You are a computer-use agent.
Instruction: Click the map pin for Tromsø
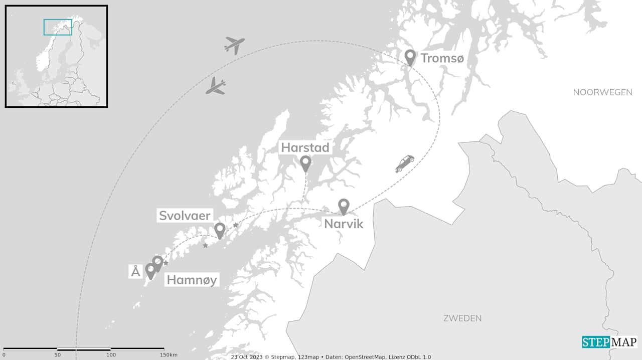click(410, 57)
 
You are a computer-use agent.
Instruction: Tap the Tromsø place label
click(442, 58)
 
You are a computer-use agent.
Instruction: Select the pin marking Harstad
click(305, 162)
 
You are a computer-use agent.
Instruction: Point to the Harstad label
click(305, 147)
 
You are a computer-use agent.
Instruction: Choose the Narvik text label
click(344, 223)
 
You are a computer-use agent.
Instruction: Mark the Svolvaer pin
click(220, 230)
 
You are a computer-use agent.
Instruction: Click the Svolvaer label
click(185, 216)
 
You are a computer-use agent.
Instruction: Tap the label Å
click(135, 272)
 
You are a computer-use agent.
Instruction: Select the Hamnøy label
click(192, 280)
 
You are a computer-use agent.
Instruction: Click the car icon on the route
click(405, 163)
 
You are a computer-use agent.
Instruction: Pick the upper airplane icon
click(234, 45)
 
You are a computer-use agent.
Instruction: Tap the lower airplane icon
click(216, 86)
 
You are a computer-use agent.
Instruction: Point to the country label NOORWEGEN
click(602, 92)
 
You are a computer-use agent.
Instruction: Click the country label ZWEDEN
click(462, 318)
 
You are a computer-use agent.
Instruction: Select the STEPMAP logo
click(609, 342)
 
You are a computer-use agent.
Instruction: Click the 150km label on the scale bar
click(169, 355)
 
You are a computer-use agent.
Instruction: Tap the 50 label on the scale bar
click(58, 355)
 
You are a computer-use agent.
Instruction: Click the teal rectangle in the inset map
click(58, 27)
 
